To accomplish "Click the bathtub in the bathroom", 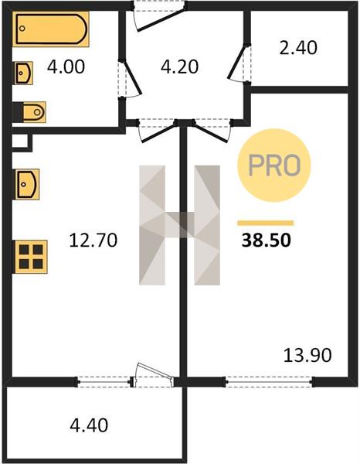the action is (x=50, y=29).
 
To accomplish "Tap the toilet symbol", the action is (x=29, y=112).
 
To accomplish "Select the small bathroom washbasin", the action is (x=24, y=73).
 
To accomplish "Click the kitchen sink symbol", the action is (x=26, y=184).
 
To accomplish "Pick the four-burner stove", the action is (x=30, y=257).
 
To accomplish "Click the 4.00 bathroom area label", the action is (x=66, y=67).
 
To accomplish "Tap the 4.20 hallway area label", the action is (x=179, y=67).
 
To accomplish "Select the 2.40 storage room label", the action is (x=298, y=48).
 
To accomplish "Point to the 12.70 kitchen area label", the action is (x=93, y=240).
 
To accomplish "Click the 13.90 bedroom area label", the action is (x=307, y=355).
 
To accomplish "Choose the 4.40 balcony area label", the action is (x=89, y=425).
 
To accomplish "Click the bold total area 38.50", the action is (x=267, y=240).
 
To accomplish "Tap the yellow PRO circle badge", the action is (x=274, y=165).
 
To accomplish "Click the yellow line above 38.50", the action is (x=266, y=223).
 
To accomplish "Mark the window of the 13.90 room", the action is (x=270, y=382).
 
